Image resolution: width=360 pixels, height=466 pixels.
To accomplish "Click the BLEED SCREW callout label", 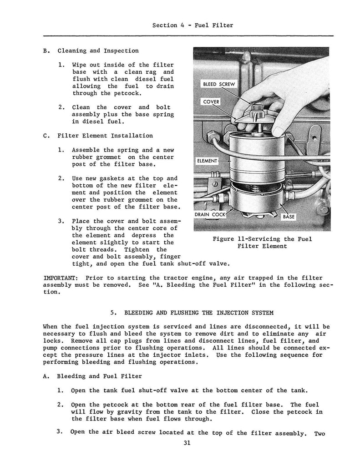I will (x=217, y=85).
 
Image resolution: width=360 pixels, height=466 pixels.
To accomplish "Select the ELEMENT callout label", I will (x=208, y=161).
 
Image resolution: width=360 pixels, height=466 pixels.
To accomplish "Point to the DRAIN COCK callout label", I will (x=210, y=214).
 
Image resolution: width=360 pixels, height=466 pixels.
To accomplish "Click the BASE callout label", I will (x=289, y=217).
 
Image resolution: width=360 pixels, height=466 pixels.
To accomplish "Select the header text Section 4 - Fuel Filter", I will (x=193, y=25).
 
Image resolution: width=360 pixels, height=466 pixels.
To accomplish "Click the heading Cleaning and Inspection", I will (x=98, y=51).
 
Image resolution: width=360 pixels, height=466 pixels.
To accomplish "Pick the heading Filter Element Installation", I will (x=105, y=136).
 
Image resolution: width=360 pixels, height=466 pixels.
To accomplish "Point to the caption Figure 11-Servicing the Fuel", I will (x=262, y=239).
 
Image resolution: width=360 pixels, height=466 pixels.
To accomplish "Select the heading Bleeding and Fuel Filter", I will (x=98, y=376).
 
